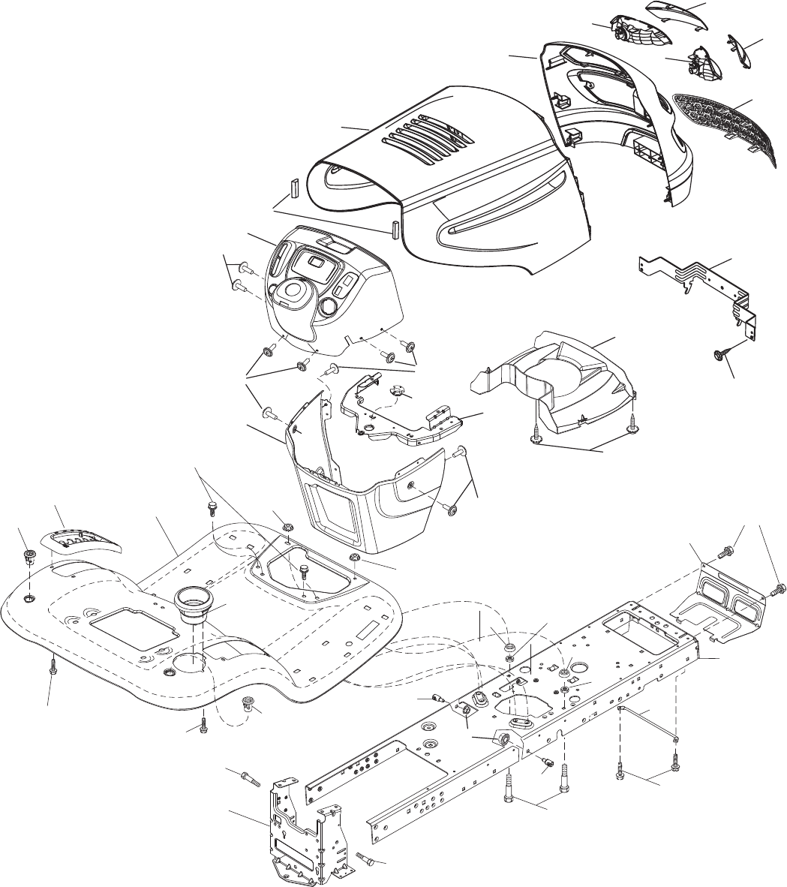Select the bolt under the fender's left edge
[x=53, y=663]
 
